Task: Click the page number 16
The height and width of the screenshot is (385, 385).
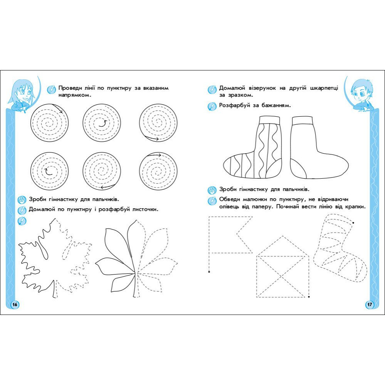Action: tap(15, 305)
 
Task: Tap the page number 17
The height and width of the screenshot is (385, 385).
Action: tap(370, 305)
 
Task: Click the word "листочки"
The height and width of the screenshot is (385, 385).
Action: tap(145, 209)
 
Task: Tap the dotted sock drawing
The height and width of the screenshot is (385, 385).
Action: tap(340, 248)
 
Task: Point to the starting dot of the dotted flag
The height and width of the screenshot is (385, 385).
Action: tap(209, 272)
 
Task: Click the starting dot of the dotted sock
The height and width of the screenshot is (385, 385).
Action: tap(353, 223)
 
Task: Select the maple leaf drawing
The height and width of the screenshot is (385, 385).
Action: tap(55, 258)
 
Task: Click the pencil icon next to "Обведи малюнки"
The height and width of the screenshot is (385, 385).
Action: tap(212, 200)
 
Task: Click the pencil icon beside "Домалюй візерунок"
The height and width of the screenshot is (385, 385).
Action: tap(212, 89)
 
